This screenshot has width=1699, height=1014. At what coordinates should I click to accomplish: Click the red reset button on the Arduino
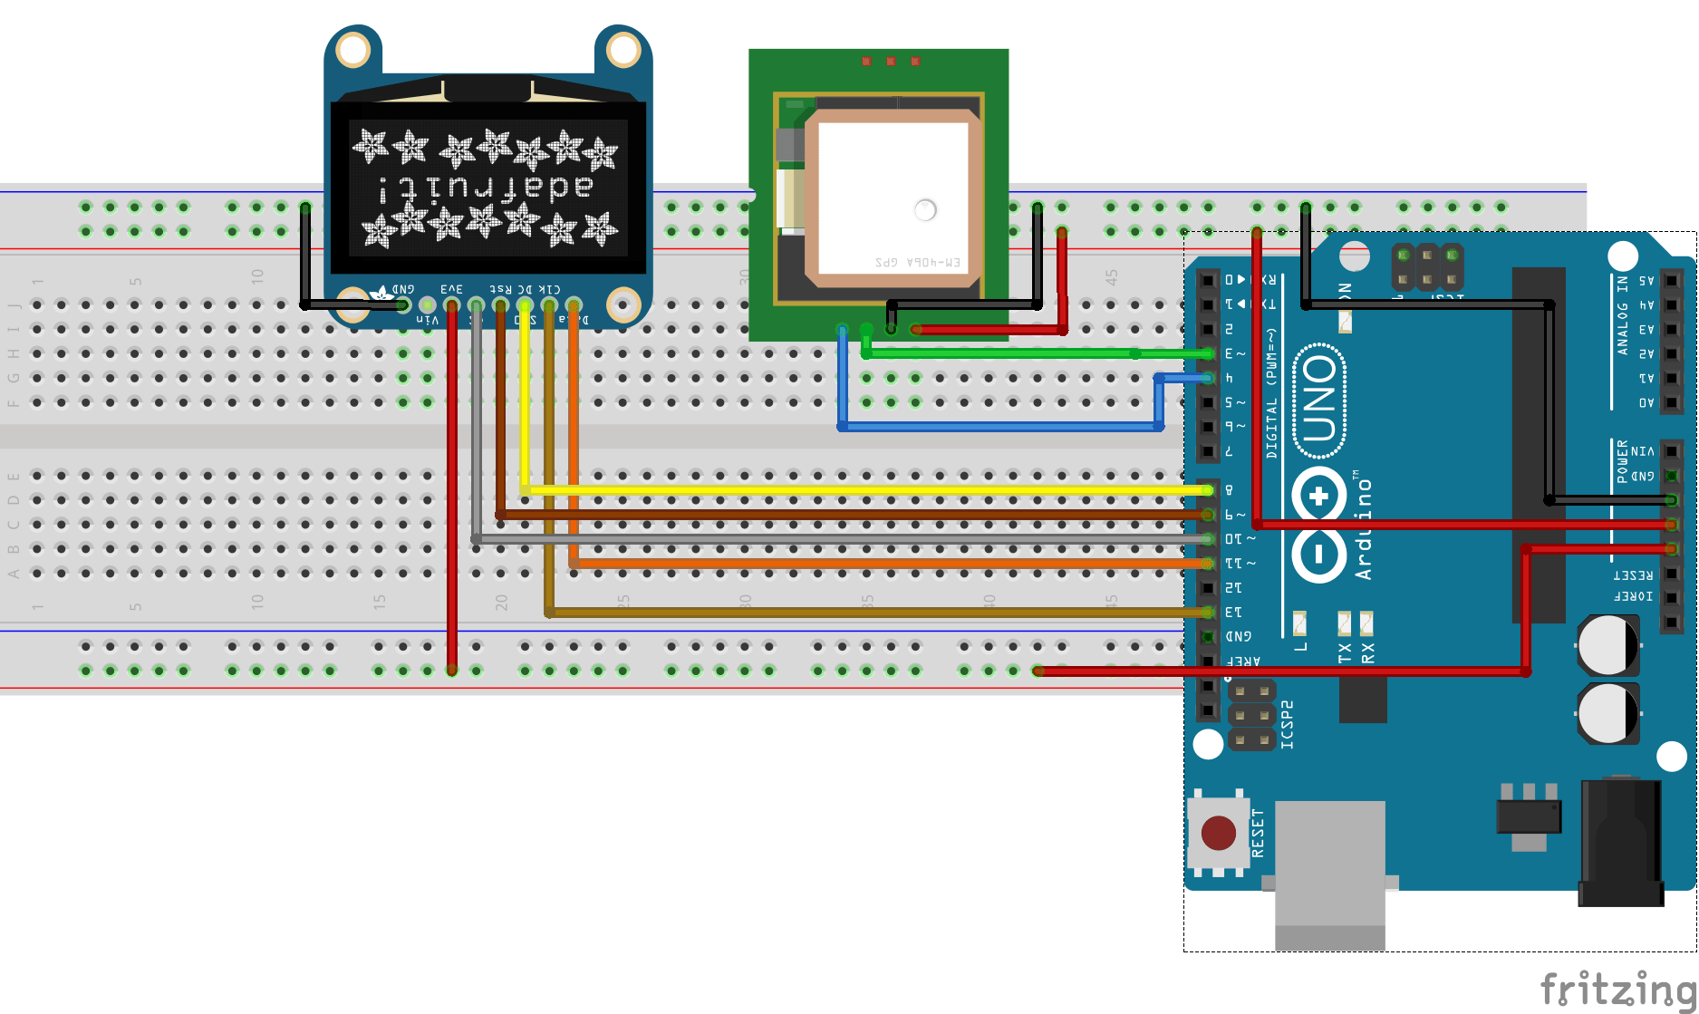tap(1218, 832)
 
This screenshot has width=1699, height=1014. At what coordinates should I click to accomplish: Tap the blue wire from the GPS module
tap(997, 426)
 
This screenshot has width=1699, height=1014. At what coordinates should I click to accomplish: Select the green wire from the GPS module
tap(997, 353)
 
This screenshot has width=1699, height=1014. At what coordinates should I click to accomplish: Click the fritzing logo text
tap(1617, 988)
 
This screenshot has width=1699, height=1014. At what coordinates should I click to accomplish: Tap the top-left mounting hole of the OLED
tap(352, 50)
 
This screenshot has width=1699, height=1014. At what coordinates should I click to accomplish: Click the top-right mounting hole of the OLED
tap(623, 50)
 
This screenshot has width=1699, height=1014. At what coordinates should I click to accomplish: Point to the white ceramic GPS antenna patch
tap(893, 195)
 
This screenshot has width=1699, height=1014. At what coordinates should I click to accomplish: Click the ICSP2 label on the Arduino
tap(1288, 725)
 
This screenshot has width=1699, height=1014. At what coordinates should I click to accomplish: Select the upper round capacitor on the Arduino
tap(1607, 645)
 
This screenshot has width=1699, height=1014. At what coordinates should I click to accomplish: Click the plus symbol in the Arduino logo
tap(1319, 496)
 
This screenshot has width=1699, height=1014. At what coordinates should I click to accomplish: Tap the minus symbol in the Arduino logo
tap(1319, 553)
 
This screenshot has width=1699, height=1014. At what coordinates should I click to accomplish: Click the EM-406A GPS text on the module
tap(917, 262)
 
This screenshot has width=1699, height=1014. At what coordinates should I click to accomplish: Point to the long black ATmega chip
tap(1538, 444)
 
